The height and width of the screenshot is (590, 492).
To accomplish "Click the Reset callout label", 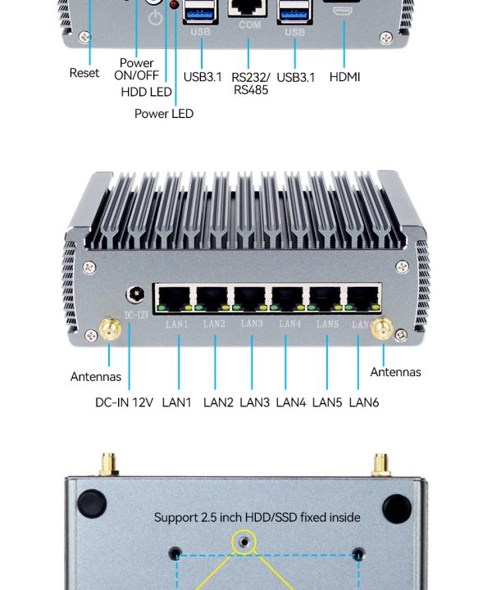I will [x=84, y=73].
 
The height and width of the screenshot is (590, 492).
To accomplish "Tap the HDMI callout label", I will [x=344, y=77].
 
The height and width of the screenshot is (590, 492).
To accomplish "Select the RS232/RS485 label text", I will [x=250, y=84].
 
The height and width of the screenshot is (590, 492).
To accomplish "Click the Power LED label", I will [x=164, y=114].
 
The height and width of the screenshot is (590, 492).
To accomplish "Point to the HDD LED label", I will [x=146, y=93].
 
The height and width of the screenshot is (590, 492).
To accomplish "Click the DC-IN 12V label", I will [x=124, y=402].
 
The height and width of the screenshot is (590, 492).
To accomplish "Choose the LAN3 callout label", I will [x=254, y=402].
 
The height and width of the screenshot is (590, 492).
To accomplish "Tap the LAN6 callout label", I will [x=364, y=402].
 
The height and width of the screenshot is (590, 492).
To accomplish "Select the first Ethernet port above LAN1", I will [x=174, y=297].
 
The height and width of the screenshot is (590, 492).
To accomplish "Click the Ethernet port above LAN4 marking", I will [x=289, y=297].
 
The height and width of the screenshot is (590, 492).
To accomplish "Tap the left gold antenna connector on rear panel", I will [x=108, y=331].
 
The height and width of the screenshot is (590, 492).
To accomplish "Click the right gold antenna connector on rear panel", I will [x=383, y=330].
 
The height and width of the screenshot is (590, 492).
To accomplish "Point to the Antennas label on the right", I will [x=395, y=372].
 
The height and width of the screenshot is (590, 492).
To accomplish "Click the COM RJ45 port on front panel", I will [x=250, y=7].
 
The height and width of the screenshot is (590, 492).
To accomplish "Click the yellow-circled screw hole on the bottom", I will [x=244, y=541].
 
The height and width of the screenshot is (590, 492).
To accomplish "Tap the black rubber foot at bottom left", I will [x=92, y=501].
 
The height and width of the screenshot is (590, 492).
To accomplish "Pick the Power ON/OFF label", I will [x=137, y=69].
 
